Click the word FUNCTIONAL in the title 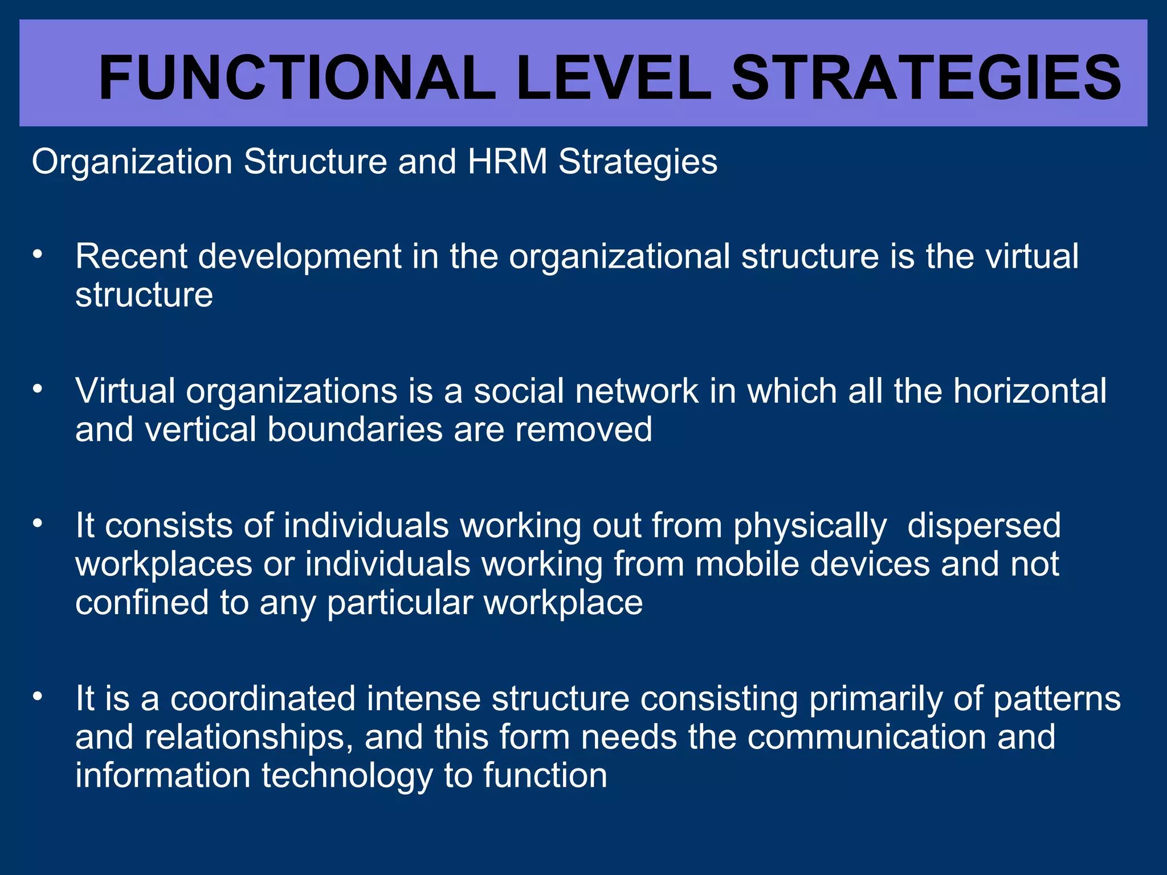click(296, 78)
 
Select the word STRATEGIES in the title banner click(926, 78)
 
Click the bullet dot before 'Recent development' click(38, 255)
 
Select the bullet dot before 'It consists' click(38, 524)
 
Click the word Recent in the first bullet click(131, 256)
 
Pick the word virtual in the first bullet click(1032, 256)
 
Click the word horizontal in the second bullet click(1030, 391)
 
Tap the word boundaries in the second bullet click(355, 430)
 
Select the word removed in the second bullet click(583, 430)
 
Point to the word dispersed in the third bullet click(984, 525)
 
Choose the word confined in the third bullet click(142, 603)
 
